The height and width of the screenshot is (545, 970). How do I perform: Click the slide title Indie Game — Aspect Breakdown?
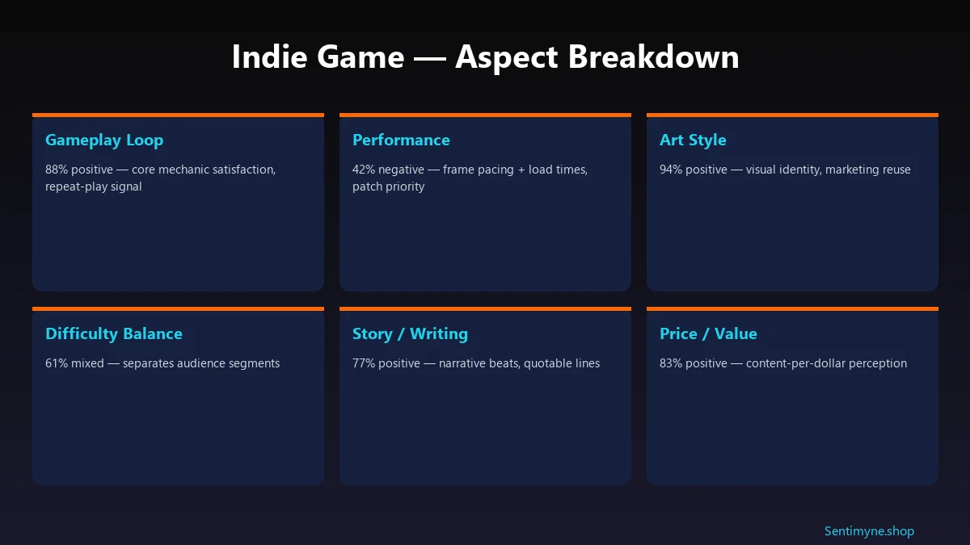[485, 57]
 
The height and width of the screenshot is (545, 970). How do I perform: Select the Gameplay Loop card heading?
[104, 140]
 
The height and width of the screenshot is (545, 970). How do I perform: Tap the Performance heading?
[401, 140]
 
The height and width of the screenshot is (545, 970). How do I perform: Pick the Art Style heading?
[693, 140]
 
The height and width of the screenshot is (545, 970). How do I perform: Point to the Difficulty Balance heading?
[114, 333]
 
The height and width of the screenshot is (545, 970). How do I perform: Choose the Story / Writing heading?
[410, 333]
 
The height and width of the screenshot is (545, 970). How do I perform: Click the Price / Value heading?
[708, 333]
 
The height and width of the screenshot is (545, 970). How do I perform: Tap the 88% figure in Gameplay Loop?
[57, 170]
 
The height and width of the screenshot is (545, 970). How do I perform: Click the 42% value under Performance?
[364, 170]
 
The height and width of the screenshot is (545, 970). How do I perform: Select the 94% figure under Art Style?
[671, 170]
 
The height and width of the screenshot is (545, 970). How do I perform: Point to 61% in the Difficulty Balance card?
[57, 363]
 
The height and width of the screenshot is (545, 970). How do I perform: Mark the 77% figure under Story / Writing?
[364, 363]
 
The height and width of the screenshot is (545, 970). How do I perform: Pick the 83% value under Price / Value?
[671, 363]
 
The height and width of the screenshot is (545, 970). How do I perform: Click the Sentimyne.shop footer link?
[869, 530]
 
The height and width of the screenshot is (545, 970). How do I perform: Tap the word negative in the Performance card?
[402, 170]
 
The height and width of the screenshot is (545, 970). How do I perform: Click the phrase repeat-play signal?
[93, 187]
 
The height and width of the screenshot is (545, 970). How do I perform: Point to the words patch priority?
[388, 187]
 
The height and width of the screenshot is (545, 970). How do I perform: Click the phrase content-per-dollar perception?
[826, 363]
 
